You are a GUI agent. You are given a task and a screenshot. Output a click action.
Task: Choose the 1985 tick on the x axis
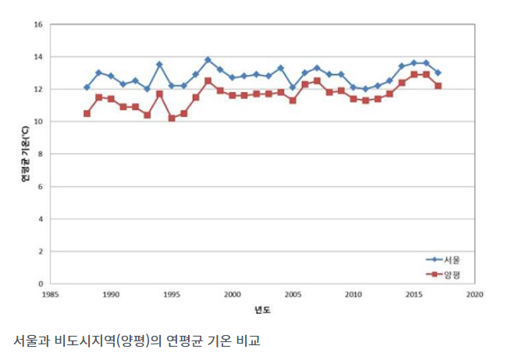pos(51,295)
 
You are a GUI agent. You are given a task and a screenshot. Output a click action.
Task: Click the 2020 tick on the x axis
pos(474,295)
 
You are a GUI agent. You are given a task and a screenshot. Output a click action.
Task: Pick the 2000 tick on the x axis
pos(232,295)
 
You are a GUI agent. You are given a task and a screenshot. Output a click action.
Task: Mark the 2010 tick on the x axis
pos(353,295)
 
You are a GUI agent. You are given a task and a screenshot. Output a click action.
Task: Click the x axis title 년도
pos(261,309)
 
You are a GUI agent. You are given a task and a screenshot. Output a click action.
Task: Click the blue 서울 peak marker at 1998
pos(208,59)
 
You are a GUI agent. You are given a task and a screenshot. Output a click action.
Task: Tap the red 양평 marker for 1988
pos(87,113)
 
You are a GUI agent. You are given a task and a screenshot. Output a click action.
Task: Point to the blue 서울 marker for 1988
pos(87,87)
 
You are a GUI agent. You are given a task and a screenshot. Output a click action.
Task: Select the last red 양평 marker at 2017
pos(438,86)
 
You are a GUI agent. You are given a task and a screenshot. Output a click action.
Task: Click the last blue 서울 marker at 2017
pos(438,73)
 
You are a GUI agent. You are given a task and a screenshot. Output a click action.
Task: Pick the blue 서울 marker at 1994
pos(159,64)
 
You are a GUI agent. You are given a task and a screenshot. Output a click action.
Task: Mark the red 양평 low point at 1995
pos(172,118)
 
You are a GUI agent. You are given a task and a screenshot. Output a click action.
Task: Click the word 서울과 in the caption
pos(30,341)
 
